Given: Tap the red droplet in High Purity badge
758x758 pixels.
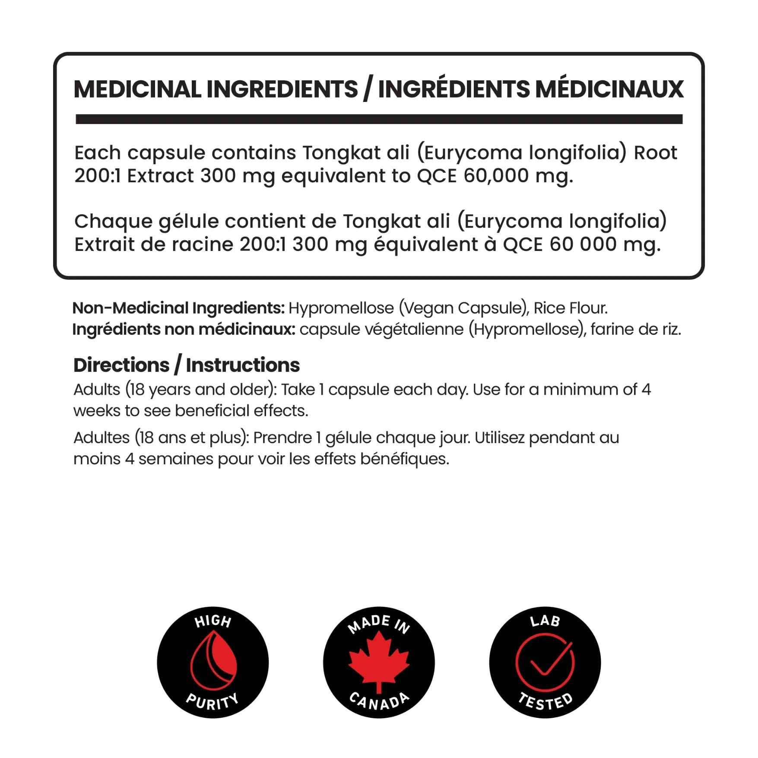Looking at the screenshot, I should point(214,661).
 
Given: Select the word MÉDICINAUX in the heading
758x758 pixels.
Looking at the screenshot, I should point(609,89).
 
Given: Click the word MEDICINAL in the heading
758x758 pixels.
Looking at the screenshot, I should point(137,89).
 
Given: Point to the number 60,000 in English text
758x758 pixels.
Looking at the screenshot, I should point(496,176).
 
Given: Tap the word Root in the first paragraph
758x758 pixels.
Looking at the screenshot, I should point(655,153).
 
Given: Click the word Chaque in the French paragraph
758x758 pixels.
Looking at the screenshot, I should point(114,222).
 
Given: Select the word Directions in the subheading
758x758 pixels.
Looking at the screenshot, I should point(121,365).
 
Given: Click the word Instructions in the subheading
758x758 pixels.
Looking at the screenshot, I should point(243,365).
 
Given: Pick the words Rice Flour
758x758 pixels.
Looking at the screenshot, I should point(571,308).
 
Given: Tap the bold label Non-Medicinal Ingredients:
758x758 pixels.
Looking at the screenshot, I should point(178,308).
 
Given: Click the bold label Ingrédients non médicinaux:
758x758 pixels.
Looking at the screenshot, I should point(184,330).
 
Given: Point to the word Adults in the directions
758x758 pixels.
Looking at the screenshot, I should point(97,390).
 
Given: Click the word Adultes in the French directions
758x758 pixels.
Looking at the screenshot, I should point(101,438).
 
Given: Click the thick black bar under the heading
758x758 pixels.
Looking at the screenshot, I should point(379,119).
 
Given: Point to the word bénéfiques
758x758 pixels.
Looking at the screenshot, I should point(405,459).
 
